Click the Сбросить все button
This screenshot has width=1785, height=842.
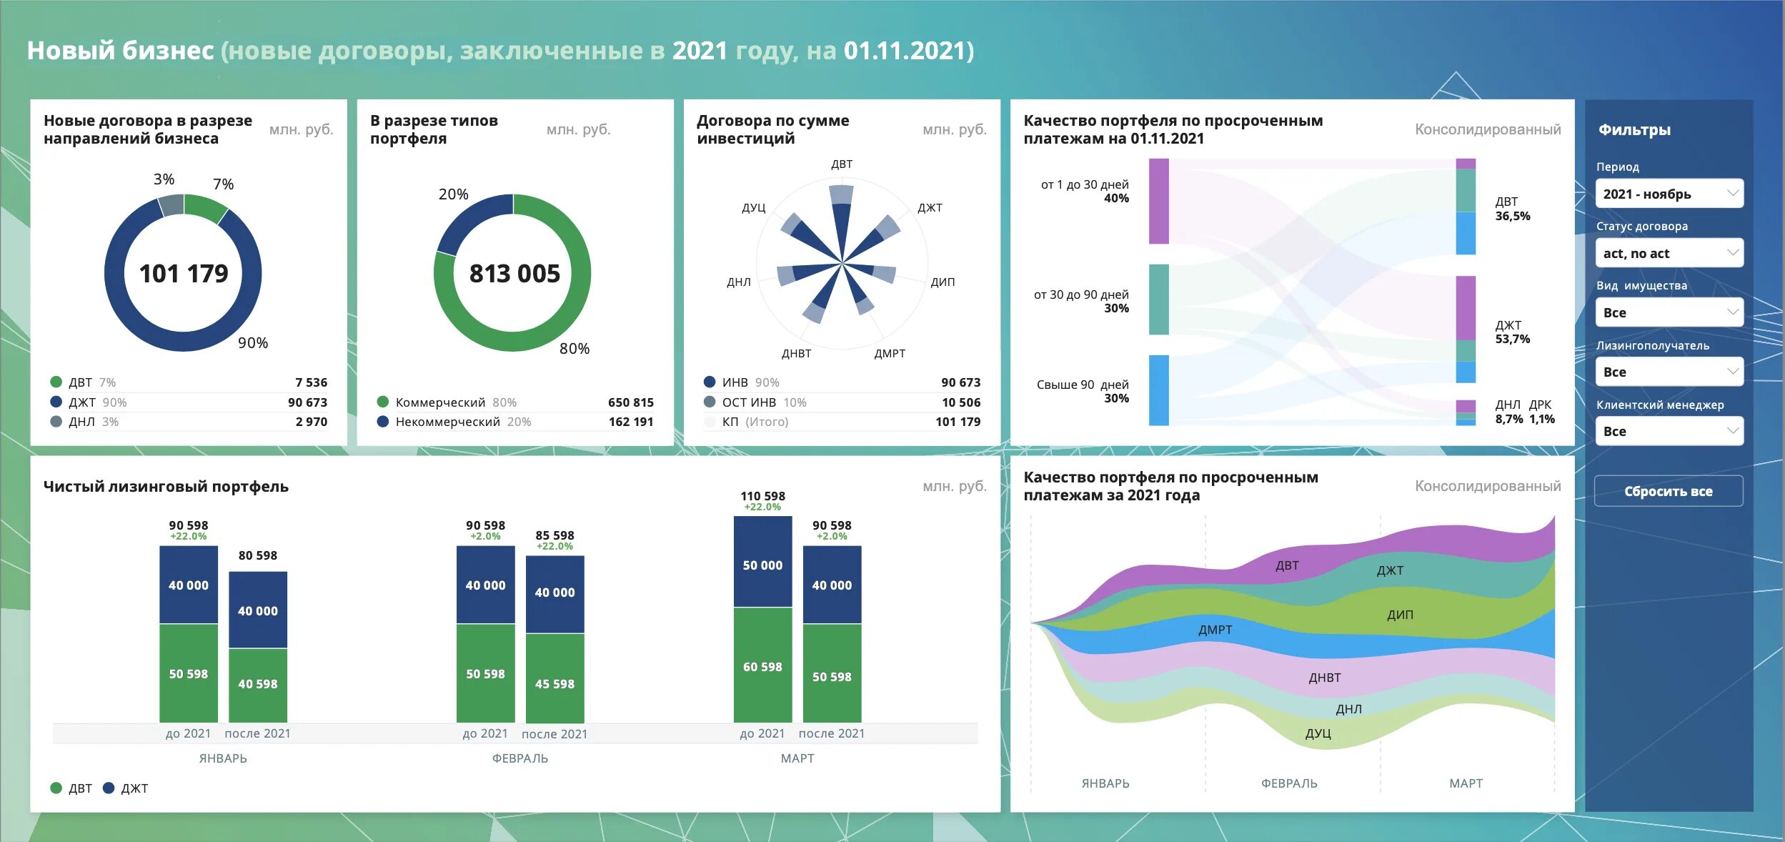point(1668,491)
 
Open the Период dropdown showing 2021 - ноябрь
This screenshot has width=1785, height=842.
point(1669,194)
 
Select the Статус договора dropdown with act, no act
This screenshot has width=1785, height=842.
point(1669,253)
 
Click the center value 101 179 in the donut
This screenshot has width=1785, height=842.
point(184,273)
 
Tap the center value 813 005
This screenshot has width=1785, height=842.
point(514,273)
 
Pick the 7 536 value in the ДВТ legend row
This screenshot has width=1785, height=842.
point(311,382)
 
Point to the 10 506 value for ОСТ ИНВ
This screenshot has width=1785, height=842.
point(960,402)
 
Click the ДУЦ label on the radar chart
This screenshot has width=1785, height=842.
point(753,208)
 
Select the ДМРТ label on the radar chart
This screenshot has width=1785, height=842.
point(890,353)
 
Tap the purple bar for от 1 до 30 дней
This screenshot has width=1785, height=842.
point(1158,201)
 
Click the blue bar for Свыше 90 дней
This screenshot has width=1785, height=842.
point(1158,390)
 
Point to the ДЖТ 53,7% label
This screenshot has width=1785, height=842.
point(1512,332)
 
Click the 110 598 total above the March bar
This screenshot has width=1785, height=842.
point(762,496)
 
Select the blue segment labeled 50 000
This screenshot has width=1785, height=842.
point(762,565)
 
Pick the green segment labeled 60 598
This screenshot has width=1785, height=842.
point(762,666)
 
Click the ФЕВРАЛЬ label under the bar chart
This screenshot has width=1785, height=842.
point(519,758)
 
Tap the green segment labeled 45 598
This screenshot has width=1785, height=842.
point(555,683)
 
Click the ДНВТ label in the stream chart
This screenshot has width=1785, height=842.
point(1324,678)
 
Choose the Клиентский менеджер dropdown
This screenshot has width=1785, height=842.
point(1669,431)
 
